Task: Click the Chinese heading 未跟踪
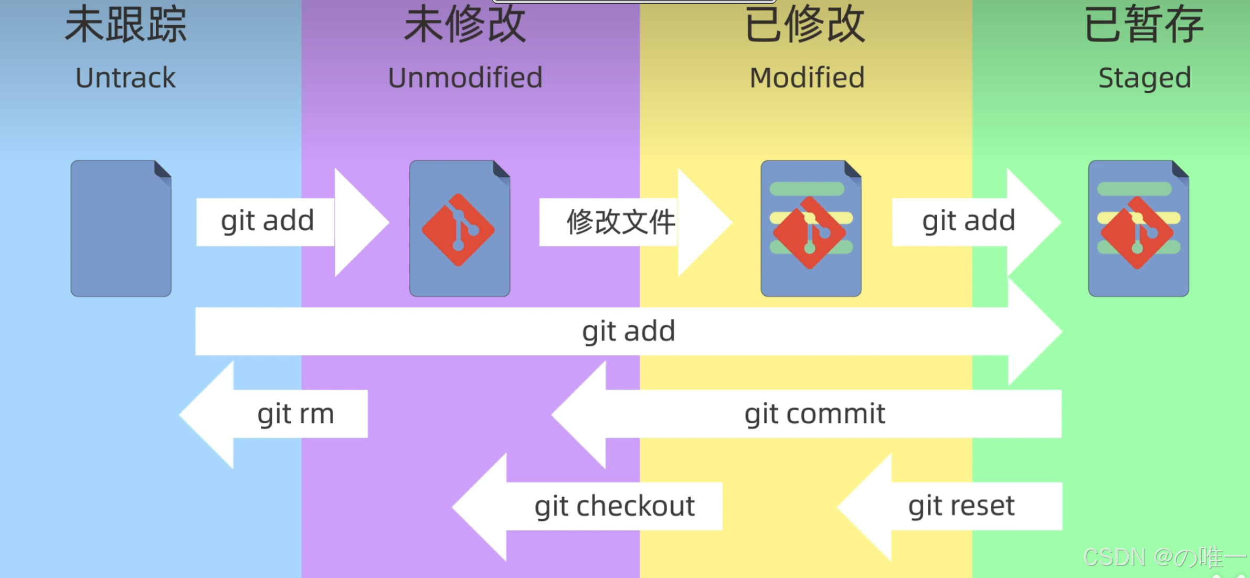(x=125, y=25)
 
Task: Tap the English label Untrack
(x=125, y=78)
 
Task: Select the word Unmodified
(x=465, y=78)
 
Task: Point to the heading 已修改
(x=806, y=25)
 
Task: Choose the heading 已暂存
(x=1144, y=25)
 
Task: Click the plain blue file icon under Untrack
(x=121, y=229)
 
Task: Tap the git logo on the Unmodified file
(x=458, y=230)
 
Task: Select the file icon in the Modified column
(x=811, y=229)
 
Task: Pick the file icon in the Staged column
(x=1138, y=229)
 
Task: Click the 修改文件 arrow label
(x=621, y=222)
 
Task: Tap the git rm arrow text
(x=295, y=414)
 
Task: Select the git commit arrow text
(x=814, y=414)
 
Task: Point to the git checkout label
(x=615, y=506)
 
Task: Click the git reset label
(x=961, y=506)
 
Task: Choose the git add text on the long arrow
(x=628, y=331)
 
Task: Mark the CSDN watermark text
(x=1162, y=557)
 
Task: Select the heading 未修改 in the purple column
(x=465, y=25)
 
